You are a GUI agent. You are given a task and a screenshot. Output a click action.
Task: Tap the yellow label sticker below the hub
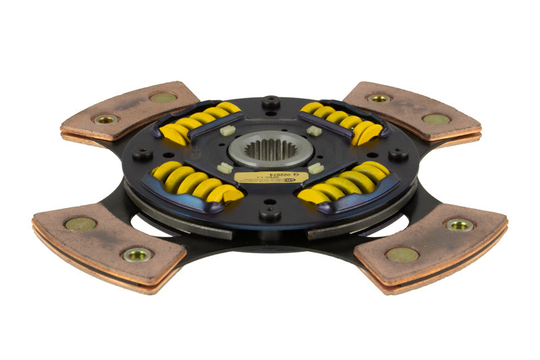(271, 178)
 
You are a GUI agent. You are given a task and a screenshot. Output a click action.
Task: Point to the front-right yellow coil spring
(344, 182)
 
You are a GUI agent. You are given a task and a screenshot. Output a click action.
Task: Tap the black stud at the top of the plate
(271, 102)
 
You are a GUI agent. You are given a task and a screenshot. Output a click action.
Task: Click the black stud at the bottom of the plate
(270, 214)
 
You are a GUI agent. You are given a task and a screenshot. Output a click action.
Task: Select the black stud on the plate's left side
(143, 153)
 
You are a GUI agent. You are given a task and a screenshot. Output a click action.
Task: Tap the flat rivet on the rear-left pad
(162, 97)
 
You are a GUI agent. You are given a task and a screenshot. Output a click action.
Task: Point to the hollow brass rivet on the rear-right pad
(379, 98)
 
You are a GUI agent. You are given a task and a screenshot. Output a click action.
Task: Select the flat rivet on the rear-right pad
(435, 119)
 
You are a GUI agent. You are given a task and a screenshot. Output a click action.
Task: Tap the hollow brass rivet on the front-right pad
(459, 224)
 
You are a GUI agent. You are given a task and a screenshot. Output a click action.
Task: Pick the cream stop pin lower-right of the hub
(316, 167)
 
